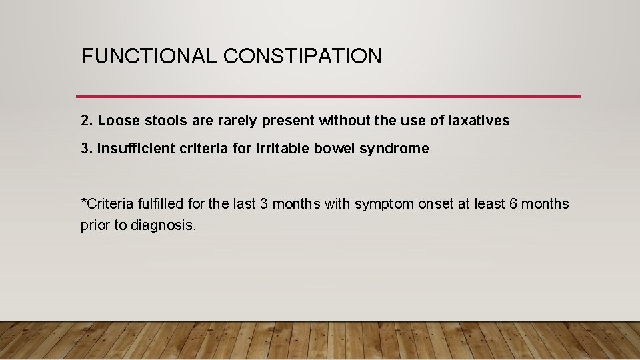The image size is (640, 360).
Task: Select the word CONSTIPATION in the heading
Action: click(x=303, y=56)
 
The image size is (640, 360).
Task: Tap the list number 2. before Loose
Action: click(x=87, y=121)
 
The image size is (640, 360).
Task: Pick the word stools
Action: click(x=160, y=121)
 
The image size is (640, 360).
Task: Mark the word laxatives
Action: click(x=475, y=121)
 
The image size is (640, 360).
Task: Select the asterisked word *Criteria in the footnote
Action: click(x=105, y=204)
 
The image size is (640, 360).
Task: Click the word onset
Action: click(x=437, y=204)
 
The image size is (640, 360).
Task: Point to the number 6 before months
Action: click(x=513, y=204)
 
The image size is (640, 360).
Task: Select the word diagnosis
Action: click(x=163, y=225)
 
